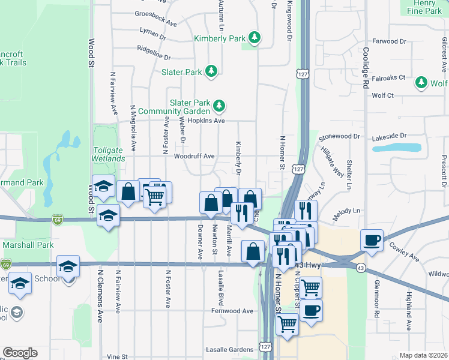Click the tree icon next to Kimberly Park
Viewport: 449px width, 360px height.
pyautogui.click(x=255, y=38)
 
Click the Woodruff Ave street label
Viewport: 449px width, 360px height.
pyautogui.click(x=194, y=156)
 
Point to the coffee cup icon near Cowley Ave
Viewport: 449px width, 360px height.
pyautogui.click(x=372, y=239)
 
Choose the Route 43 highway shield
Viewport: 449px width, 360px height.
pyautogui.click(x=360, y=268)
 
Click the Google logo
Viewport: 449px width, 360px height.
pyautogui.click(x=20, y=353)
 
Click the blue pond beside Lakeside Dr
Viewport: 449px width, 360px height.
pyautogui.click(x=396, y=147)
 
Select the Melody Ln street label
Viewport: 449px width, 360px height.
pyautogui.click(x=348, y=211)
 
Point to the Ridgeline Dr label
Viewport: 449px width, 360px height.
pyautogui.click(x=154, y=53)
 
